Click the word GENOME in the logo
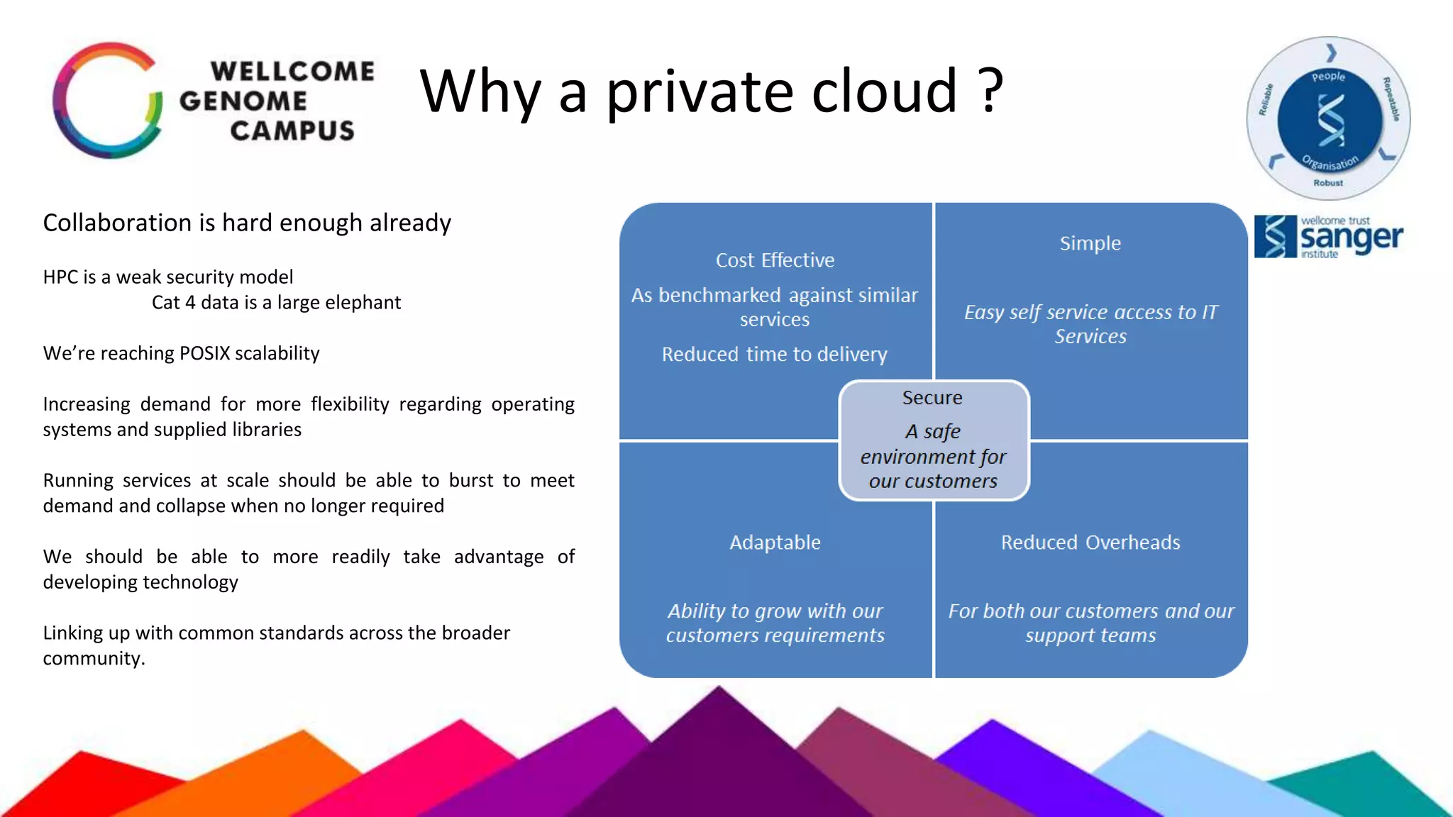point(243,101)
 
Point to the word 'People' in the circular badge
point(1328,77)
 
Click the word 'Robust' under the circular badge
point(1328,183)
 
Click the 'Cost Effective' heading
point(775,260)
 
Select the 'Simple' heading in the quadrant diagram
point(1090,243)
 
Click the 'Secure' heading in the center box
point(932,398)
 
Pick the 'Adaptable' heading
point(775,543)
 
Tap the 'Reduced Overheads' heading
point(1090,543)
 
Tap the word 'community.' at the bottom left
point(94,658)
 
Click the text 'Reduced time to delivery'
point(775,354)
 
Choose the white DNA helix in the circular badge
point(1330,120)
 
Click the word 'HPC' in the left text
point(60,277)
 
